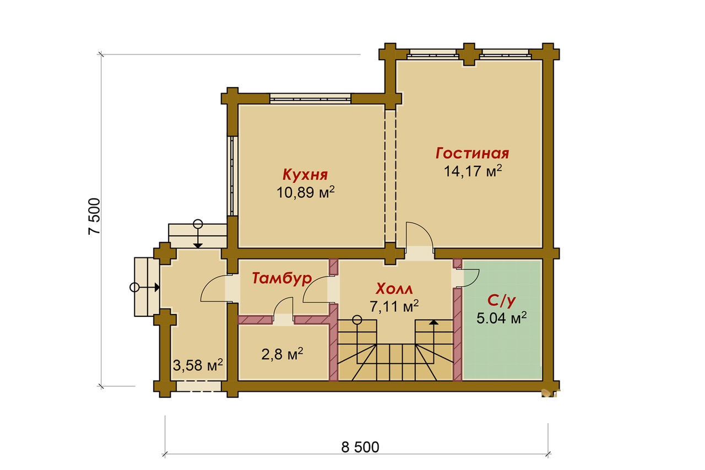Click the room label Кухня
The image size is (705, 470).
[x=305, y=175]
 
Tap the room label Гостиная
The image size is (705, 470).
[x=473, y=153]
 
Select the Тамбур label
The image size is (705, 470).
[x=282, y=279]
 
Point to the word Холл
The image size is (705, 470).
[x=394, y=289]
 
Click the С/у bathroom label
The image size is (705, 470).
[x=501, y=301]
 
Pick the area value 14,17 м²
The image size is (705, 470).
[x=473, y=171]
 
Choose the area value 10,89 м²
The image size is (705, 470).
[x=305, y=192]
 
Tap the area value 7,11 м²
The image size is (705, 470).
[x=394, y=306]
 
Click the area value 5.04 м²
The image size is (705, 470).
[x=501, y=318]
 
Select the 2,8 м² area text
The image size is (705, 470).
[x=282, y=354]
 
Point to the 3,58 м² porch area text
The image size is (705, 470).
[x=198, y=365]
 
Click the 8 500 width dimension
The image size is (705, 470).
[x=360, y=447]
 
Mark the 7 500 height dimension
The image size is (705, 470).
[x=94, y=217]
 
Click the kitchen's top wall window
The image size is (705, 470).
[x=310, y=98]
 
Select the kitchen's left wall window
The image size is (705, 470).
[x=232, y=176]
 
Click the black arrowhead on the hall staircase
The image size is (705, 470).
[x=434, y=322]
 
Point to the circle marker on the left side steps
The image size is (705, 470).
[x=134, y=288]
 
